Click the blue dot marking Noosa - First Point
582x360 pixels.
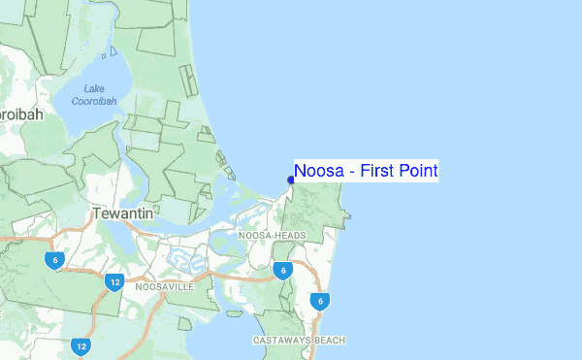(291, 179)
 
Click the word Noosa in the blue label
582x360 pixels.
(317, 172)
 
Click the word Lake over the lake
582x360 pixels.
(94, 88)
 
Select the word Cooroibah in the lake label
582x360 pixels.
(94, 101)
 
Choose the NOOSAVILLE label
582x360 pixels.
(165, 287)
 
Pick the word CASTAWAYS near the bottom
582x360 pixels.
(281, 341)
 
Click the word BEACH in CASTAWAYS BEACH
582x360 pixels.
(330, 341)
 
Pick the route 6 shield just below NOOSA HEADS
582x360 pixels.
(282, 270)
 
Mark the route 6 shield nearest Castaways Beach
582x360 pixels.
(319, 302)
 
